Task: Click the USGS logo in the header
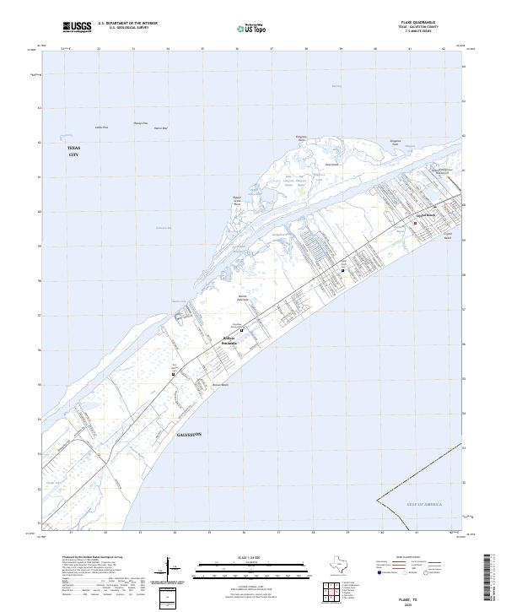[78, 28]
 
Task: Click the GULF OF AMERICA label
[419, 504]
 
